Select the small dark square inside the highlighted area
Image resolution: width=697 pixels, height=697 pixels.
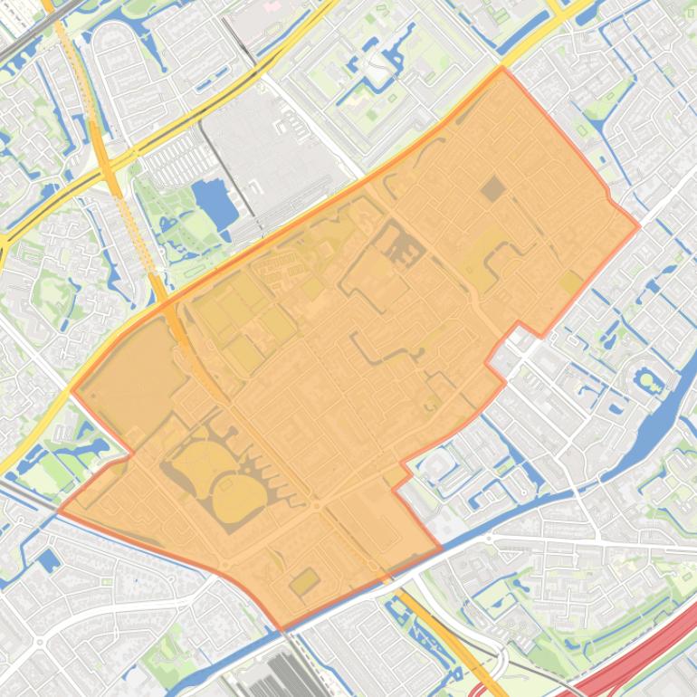click(492, 189)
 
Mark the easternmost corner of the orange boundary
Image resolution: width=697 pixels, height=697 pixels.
click(639, 225)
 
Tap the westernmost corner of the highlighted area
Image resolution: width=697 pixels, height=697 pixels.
click(59, 511)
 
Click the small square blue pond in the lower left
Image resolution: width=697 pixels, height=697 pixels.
click(48, 560)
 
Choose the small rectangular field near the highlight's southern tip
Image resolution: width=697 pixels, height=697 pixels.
click(304, 582)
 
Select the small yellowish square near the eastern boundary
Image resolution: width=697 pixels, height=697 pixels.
click(570, 283)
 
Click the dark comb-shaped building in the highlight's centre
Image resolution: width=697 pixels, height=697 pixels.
click(399, 244)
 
